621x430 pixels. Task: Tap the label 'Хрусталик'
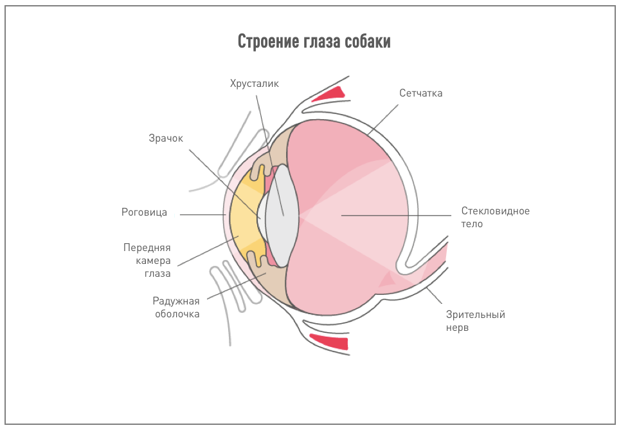point(255,83)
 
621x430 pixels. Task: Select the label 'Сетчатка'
point(420,93)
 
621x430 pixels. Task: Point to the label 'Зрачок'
point(166,138)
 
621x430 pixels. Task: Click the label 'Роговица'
point(144,212)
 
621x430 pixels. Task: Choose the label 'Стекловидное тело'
point(495,218)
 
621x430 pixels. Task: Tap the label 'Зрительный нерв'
point(476,321)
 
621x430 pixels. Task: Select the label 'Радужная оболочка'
point(176,307)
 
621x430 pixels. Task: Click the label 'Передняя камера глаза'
point(147,260)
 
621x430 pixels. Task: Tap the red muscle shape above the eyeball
point(331,95)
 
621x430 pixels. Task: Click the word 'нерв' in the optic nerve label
point(458,328)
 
